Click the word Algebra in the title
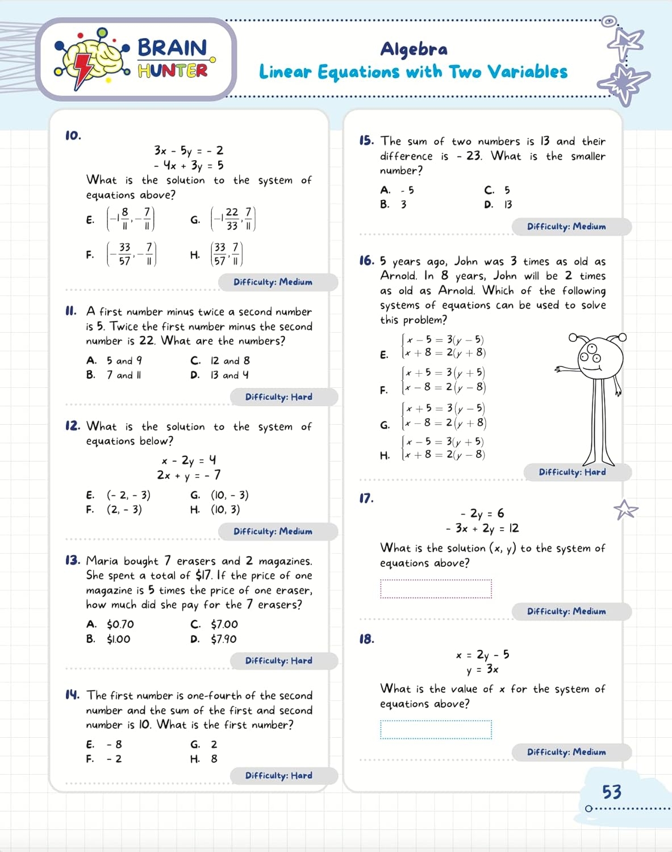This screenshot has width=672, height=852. click(414, 49)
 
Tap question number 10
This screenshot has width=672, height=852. click(73, 136)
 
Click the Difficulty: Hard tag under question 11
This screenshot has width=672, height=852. click(279, 397)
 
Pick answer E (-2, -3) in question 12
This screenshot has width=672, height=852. click(128, 495)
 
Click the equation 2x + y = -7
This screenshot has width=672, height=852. click(189, 475)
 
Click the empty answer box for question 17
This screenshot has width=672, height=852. click(436, 589)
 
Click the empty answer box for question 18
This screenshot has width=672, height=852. click(436, 730)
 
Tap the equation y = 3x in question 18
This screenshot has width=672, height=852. click(482, 670)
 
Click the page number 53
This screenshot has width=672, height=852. click(611, 792)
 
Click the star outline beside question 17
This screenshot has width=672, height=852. click(625, 509)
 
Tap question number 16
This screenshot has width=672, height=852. click(367, 261)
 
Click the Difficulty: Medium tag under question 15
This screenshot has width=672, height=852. click(566, 227)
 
